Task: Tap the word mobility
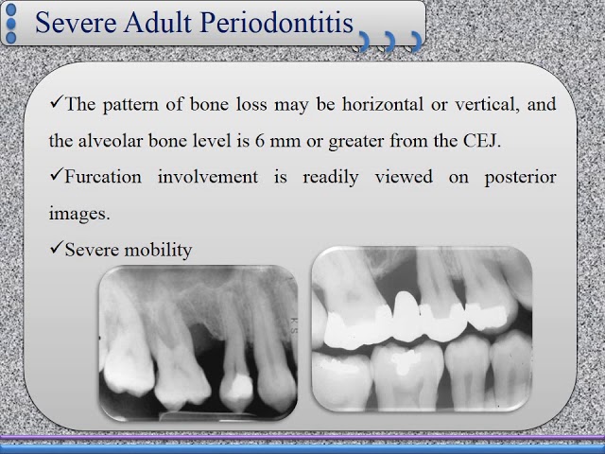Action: click(x=157, y=250)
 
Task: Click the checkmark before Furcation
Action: click(x=56, y=178)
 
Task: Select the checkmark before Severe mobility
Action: click(x=56, y=249)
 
